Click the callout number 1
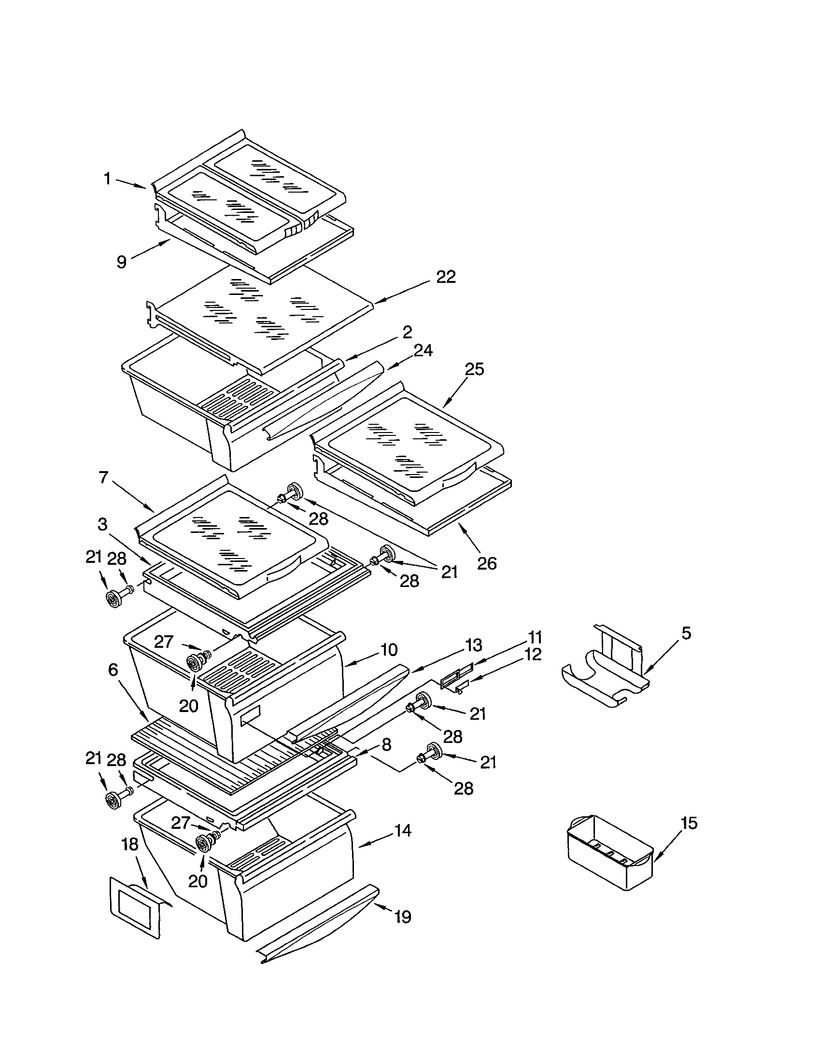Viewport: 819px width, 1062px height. (107, 179)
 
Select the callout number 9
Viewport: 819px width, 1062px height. (122, 262)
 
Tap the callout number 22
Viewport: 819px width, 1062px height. (446, 277)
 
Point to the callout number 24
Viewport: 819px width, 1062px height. (423, 350)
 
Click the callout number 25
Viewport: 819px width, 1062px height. (474, 370)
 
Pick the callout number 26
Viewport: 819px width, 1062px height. (486, 563)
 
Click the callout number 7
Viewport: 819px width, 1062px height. (103, 477)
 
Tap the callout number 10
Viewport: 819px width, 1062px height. (389, 650)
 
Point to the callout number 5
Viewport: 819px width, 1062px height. (686, 634)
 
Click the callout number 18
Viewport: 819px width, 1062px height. (130, 845)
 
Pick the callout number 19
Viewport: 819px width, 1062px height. (403, 917)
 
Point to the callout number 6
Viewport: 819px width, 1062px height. (113, 670)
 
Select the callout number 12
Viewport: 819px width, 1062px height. (533, 655)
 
